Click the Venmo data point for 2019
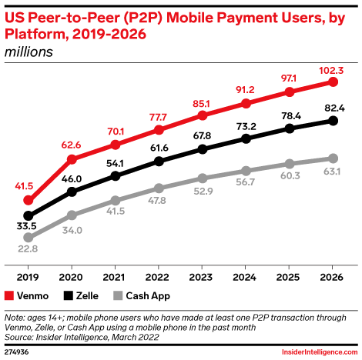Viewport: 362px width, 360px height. (x=28, y=200)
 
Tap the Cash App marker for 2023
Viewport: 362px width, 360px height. (x=203, y=178)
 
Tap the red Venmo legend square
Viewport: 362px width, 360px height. (x=10, y=295)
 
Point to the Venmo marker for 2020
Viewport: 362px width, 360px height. (x=72, y=160)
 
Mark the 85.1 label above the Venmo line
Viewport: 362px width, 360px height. (x=203, y=102)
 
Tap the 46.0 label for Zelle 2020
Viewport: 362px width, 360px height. (x=72, y=178)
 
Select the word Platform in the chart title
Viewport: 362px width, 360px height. (x=37, y=33)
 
